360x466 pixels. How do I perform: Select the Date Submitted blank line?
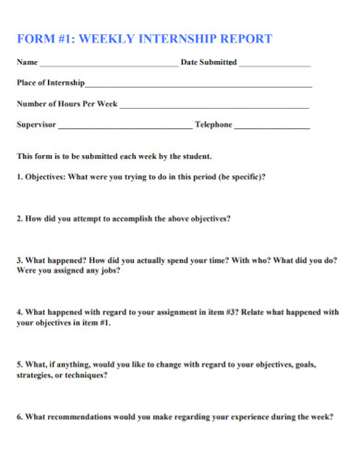click(274, 66)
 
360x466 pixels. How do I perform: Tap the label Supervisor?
click(37, 124)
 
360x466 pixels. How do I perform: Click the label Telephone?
click(213, 124)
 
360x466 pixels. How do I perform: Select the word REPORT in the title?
click(244, 40)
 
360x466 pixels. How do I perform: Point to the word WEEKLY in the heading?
click(110, 40)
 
